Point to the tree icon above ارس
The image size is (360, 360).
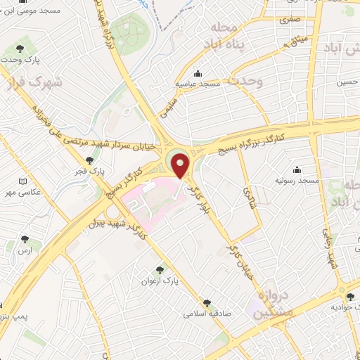point(26,240)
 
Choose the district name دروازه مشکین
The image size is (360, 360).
point(266,300)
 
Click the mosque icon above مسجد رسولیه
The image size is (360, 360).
point(297,169)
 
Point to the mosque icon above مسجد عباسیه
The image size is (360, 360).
point(198,73)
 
